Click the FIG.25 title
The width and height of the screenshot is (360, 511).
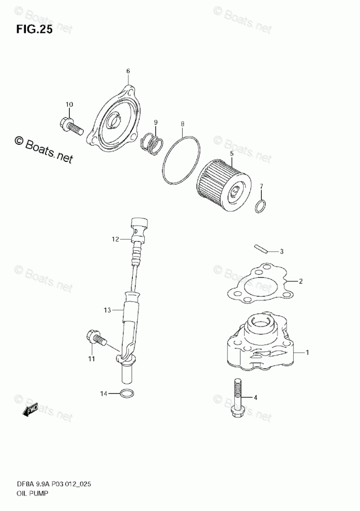pyautogui.click(x=34, y=30)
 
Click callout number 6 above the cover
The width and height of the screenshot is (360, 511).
pyautogui.click(x=128, y=71)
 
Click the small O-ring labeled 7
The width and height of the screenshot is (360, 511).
pyautogui.click(x=261, y=207)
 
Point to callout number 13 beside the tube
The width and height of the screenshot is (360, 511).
pyautogui.click(x=107, y=310)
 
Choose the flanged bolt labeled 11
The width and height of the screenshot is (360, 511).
pyautogui.click(x=97, y=339)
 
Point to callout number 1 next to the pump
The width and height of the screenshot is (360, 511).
pyautogui.click(x=307, y=353)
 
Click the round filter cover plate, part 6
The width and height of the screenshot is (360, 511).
pyautogui.click(x=114, y=120)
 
